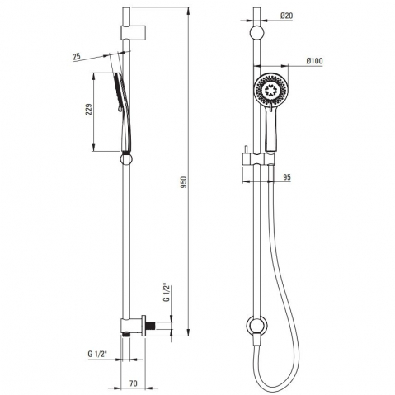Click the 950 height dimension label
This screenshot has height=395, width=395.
pyautogui.click(x=185, y=182)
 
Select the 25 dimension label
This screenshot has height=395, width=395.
pyautogui.click(x=77, y=56)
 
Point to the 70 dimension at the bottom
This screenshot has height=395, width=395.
pyautogui.click(x=133, y=383)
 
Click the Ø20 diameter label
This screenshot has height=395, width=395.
pyautogui.click(x=286, y=16)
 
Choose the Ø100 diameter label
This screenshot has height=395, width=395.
pyautogui.click(x=315, y=61)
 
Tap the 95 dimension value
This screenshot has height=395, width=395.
pyautogui.click(x=287, y=177)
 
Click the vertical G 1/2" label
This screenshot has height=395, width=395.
pyautogui.click(x=167, y=293)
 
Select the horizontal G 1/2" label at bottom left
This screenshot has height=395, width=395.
pyautogui.click(x=97, y=354)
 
